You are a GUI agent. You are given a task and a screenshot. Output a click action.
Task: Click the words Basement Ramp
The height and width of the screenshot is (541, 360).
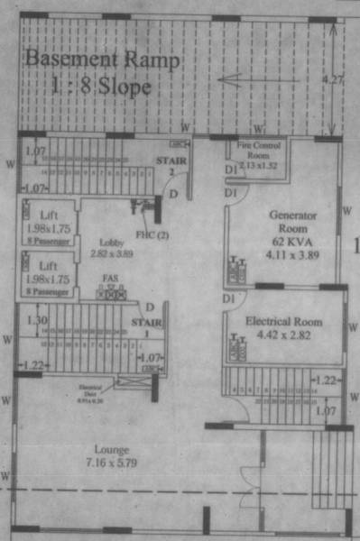point(103,60)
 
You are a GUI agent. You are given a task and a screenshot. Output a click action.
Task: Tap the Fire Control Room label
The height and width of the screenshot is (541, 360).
point(255,148)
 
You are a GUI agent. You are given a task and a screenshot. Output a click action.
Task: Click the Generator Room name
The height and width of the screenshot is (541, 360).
point(289,223)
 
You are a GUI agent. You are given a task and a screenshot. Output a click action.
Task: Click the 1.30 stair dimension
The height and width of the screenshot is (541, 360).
point(37,320)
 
